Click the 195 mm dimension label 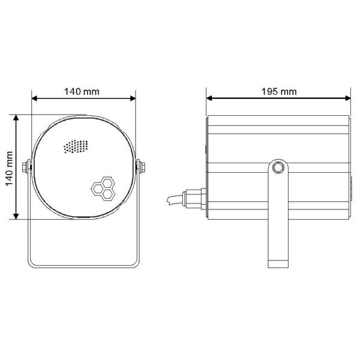point(279,92)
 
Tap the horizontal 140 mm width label point(82,92)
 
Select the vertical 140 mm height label point(9,169)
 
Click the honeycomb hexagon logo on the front point(103,188)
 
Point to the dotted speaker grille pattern point(76,146)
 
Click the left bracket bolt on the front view point(26,167)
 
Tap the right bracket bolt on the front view point(140,167)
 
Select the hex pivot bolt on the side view point(278,167)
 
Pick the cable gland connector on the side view point(194,199)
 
